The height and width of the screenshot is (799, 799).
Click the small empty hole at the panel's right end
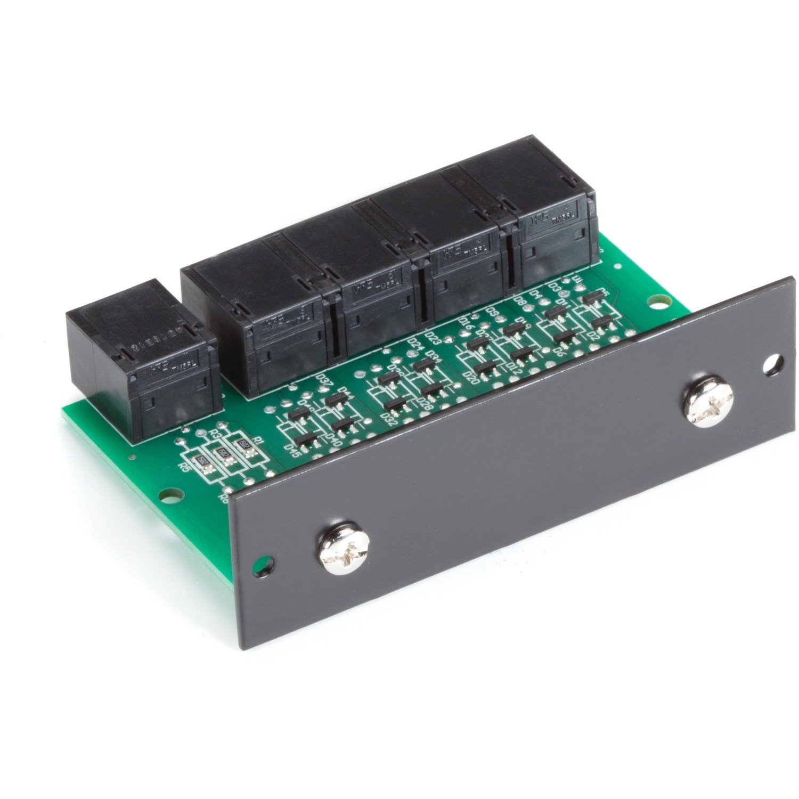(x=771, y=365)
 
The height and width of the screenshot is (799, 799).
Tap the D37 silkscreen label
(x=323, y=379)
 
